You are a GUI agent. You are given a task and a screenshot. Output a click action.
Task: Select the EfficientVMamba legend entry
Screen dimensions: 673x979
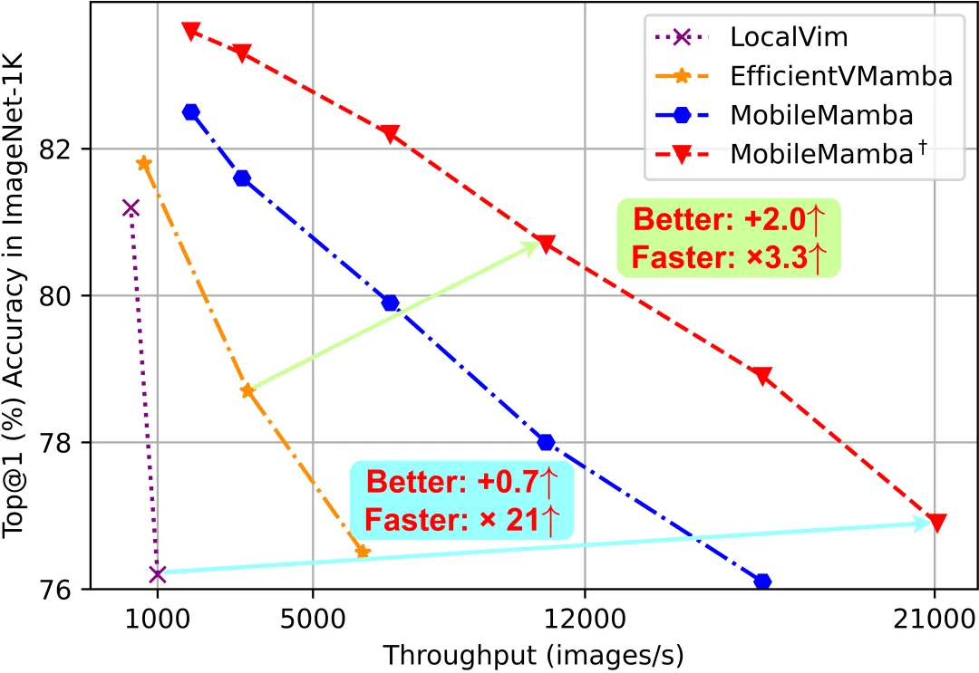pyautogui.click(x=841, y=76)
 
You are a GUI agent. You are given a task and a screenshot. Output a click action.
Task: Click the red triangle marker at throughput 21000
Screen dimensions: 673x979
pyautogui.click(x=936, y=523)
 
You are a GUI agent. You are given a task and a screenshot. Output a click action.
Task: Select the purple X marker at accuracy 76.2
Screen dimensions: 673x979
pyautogui.click(x=157, y=574)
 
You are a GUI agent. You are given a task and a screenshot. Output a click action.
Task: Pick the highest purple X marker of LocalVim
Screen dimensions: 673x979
pyautogui.click(x=131, y=208)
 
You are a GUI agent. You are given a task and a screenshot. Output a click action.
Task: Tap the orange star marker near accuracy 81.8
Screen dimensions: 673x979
pyautogui.click(x=143, y=163)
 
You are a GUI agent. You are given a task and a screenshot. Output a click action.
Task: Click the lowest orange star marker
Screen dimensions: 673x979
pyautogui.click(x=363, y=551)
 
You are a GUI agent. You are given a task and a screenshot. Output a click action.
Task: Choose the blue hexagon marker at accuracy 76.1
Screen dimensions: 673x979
pyautogui.click(x=762, y=581)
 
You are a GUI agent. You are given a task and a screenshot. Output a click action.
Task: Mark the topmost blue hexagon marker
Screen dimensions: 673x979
pyautogui.click(x=190, y=112)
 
